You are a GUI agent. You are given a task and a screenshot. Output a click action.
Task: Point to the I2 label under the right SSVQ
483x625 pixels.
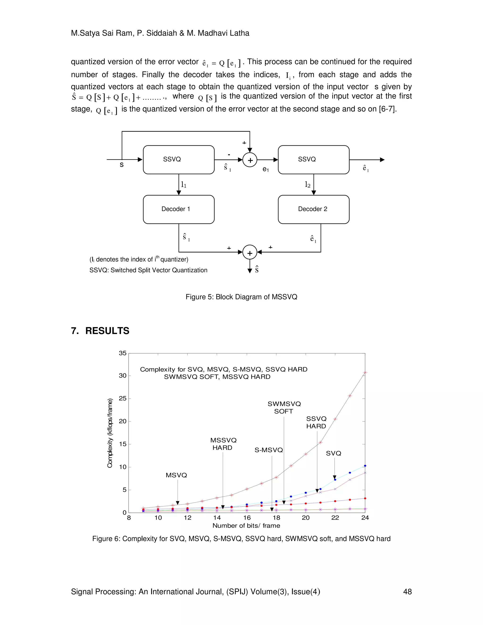coord(307,185)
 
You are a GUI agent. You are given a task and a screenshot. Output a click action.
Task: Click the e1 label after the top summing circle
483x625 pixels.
coord(266,169)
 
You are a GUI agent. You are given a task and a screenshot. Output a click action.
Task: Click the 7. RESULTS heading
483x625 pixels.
coord(100,331)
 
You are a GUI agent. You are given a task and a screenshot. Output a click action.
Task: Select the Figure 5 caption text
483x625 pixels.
coord(241,297)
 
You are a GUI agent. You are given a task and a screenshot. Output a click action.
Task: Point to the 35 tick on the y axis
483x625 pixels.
coord(122,353)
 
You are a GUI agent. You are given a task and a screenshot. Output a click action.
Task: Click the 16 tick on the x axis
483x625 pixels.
coord(247,518)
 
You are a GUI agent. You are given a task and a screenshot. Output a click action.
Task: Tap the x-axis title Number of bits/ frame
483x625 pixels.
coord(246,526)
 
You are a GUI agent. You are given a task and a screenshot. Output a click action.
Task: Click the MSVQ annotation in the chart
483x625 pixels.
coord(176,475)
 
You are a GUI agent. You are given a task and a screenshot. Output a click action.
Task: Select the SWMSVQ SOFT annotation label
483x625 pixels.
coord(284,408)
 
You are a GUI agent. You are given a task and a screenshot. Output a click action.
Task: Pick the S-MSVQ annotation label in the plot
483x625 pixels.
coord(268,450)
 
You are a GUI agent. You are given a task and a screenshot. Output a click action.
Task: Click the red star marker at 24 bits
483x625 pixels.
coord(365,373)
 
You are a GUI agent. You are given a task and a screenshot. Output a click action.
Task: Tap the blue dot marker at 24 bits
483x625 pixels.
coord(365,466)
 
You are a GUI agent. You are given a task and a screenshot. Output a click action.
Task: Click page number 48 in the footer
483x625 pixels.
coord(407,592)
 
